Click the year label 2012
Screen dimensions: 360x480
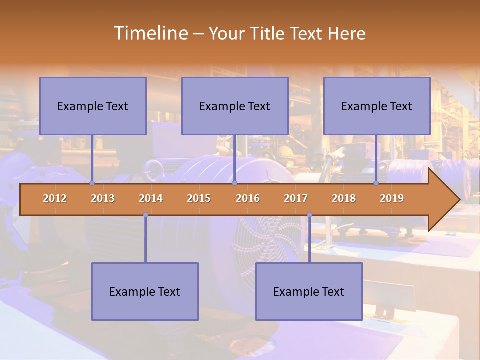point(55,198)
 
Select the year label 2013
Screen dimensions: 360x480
point(103,198)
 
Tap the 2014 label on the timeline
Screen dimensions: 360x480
point(151,198)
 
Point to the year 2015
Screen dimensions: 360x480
point(199,198)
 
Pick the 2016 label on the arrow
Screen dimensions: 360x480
point(248,198)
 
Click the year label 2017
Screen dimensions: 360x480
point(296,198)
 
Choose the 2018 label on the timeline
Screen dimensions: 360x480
point(344,198)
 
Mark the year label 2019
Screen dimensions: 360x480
point(392,198)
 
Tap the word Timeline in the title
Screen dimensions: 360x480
point(150,33)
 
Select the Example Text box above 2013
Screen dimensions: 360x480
point(93,106)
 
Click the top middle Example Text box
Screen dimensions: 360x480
point(235,106)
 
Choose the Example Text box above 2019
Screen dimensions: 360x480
point(377,106)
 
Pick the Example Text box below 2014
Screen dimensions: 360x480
point(145,291)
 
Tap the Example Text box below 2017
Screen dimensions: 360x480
point(309,291)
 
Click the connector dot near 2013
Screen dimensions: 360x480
point(92,183)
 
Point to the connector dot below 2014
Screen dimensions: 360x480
point(145,215)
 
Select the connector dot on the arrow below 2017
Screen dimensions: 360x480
point(309,215)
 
